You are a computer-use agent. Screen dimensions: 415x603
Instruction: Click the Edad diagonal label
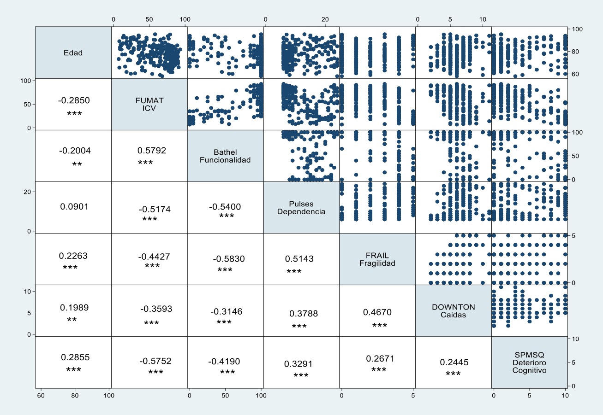73,53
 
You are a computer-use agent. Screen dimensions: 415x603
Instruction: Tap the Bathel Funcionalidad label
225,156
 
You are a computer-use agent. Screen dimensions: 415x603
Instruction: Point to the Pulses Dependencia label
301,208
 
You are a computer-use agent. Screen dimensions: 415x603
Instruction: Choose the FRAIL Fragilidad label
377,259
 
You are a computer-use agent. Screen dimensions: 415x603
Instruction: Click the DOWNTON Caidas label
454,311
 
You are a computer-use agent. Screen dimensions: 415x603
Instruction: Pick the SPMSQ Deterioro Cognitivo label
529,362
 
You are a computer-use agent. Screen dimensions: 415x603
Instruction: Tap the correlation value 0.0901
74,207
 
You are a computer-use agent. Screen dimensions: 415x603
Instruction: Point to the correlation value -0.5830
229,259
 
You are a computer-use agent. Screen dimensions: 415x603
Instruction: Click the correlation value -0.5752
155,362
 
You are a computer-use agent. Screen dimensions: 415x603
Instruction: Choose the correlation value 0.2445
454,362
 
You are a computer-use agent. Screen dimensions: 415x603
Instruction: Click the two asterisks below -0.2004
77,164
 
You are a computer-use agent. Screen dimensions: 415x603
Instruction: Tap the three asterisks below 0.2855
74,370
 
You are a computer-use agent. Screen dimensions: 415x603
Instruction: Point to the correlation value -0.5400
225,207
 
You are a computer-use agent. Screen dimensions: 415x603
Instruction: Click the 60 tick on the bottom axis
41,395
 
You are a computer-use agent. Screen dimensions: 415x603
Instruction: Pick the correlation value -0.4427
154,257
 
